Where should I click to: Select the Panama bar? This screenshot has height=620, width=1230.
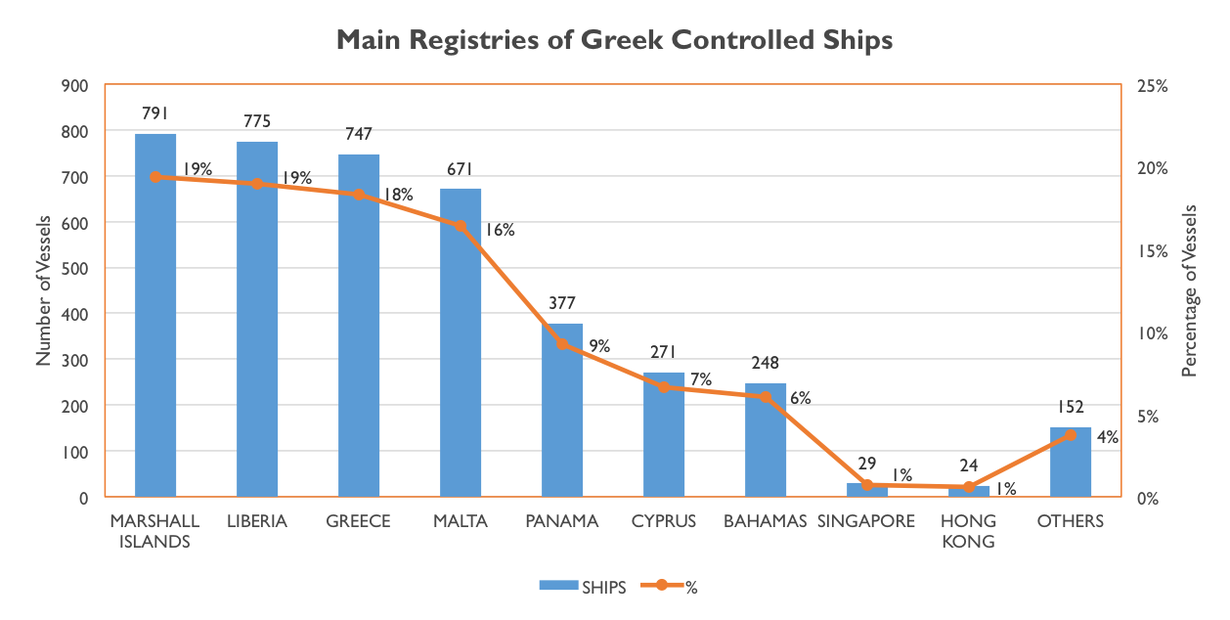click(562, 410)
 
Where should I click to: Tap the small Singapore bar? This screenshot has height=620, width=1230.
click(867, 490)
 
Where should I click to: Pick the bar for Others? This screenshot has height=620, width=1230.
click(1071, 462)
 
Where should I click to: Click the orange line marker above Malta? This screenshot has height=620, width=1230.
click(461, 226)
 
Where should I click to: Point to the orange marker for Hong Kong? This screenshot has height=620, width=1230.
click(969, 487)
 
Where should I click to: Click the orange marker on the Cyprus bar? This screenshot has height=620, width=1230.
click(664, 387)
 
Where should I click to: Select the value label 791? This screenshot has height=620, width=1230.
click(155, 113)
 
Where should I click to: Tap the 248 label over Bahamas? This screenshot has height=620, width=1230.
click(766, 363)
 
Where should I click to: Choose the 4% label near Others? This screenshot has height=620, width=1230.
click(1108, 437)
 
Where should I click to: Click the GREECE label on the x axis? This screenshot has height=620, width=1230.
click(359, 521)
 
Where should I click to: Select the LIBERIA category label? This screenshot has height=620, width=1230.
click(257, 521)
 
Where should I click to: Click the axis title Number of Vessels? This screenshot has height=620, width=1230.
click(44, 291)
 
